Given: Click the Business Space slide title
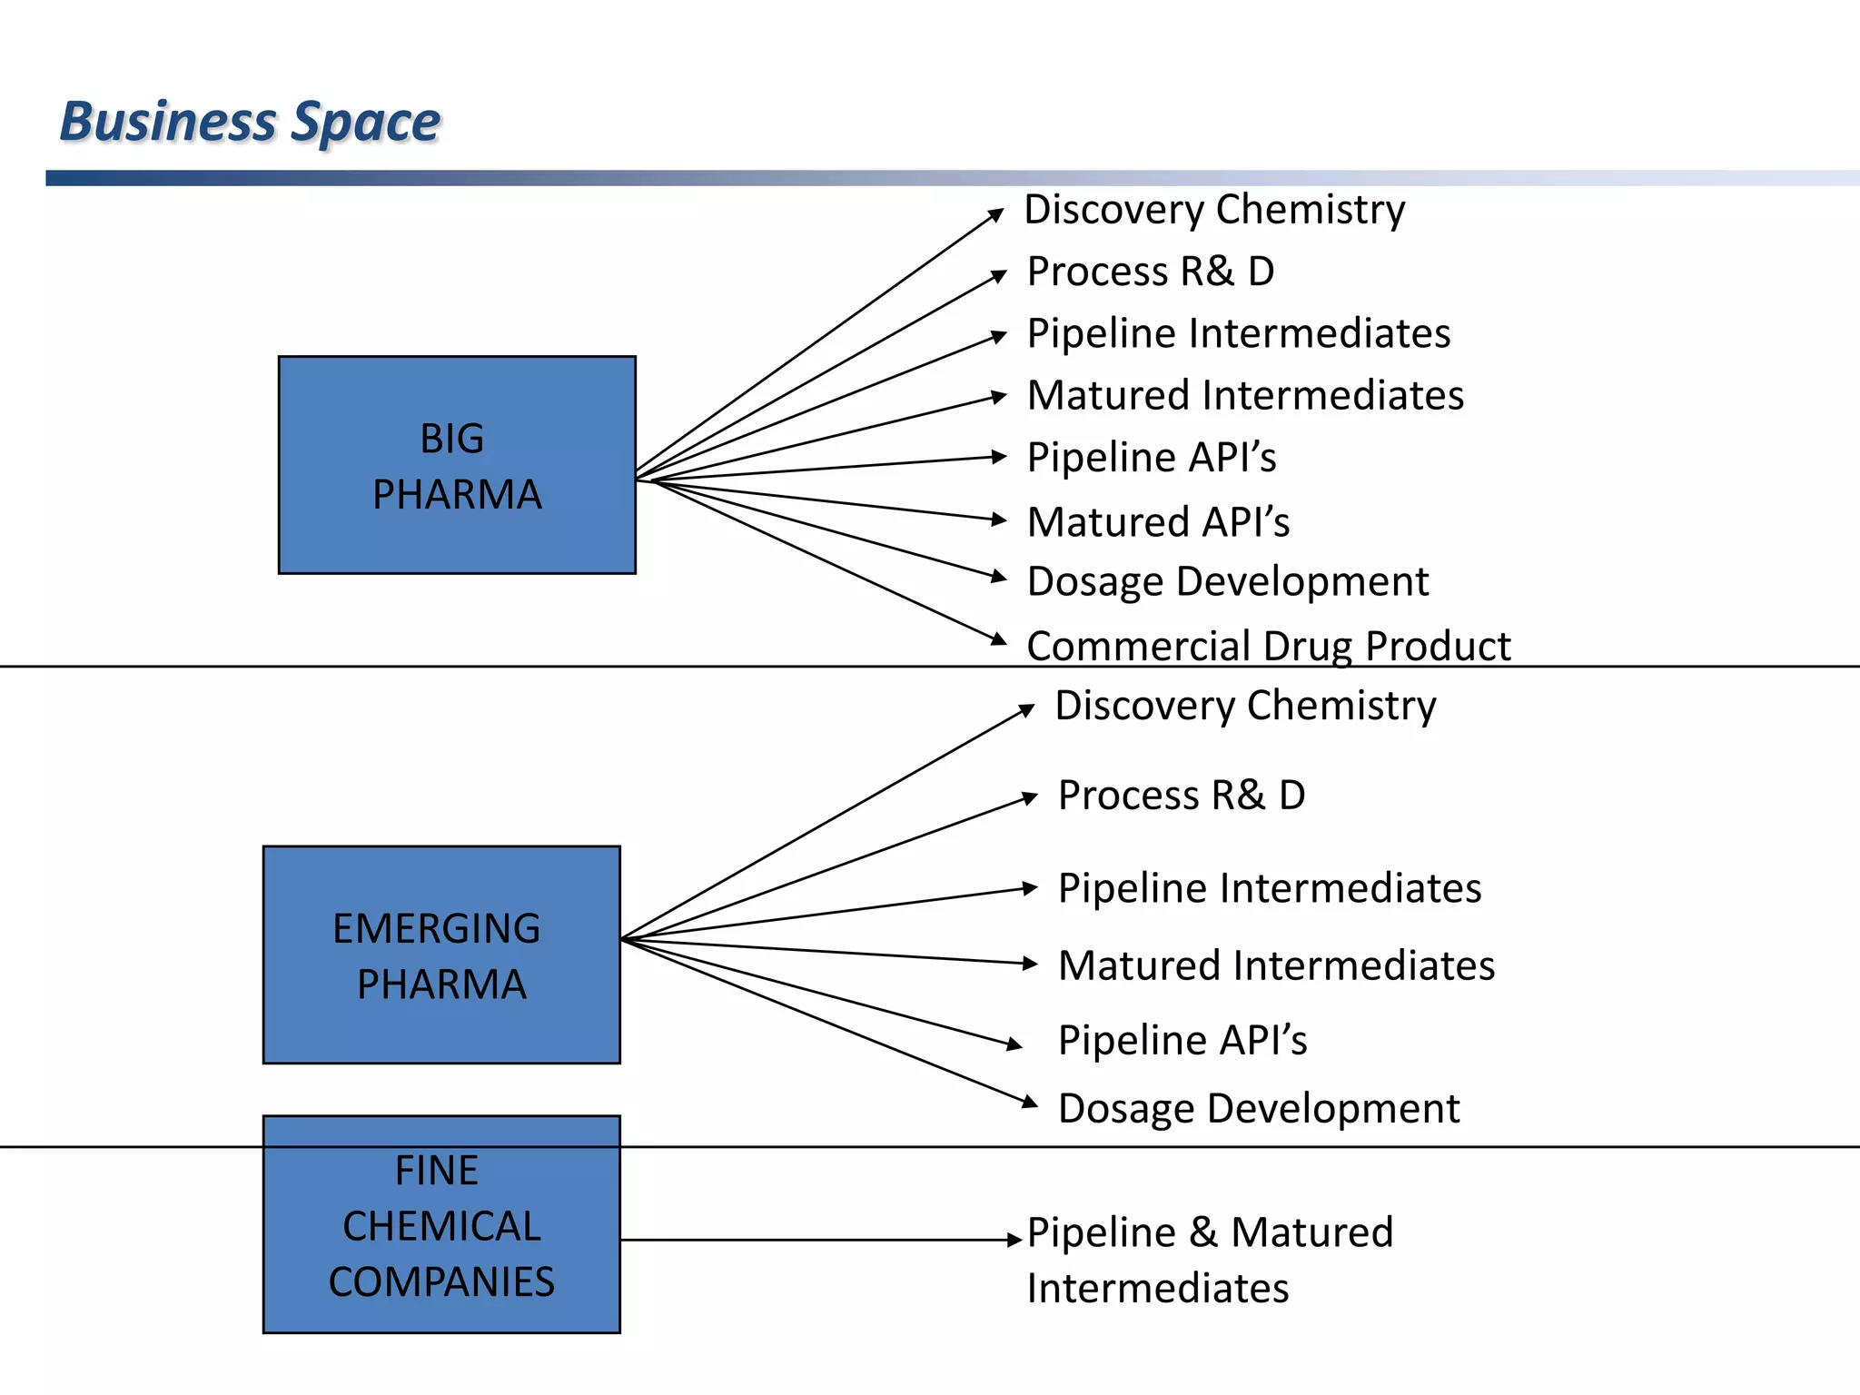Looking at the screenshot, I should tap(250, 122).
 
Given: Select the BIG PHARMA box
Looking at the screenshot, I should tap(457, 465).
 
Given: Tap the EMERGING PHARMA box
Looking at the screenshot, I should tap(441, 955).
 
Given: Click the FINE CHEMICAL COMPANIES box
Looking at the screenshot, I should tap(441, 1225).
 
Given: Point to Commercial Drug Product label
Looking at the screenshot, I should tap(1268, 646).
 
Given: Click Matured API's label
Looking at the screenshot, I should tap(1158, 522).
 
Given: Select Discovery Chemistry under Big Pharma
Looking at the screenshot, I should tap(1214, 210).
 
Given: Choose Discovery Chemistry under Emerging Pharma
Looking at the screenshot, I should tap(1245, 706).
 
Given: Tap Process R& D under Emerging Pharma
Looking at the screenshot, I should tap(1182, 796).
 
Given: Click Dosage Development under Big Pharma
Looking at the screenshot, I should tap(1228, 581).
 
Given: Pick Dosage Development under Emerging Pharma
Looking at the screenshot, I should tap(1259, 1109).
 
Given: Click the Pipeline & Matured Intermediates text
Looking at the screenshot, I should tap(1210, 1260).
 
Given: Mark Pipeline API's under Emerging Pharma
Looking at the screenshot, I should tap(1182, 1040).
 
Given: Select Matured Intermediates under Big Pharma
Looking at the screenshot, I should tap(1245, 396).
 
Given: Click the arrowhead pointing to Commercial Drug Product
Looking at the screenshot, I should tap(998, 639).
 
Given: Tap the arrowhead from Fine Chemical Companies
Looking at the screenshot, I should tap(1015, 1240).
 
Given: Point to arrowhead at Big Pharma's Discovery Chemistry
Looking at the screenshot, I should tap(996, 214).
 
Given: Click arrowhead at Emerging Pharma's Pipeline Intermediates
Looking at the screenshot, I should tap(1029, 888).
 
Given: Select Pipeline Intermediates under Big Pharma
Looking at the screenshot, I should tap(1238, 333).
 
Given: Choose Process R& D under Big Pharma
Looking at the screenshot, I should tap(1151, 272).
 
